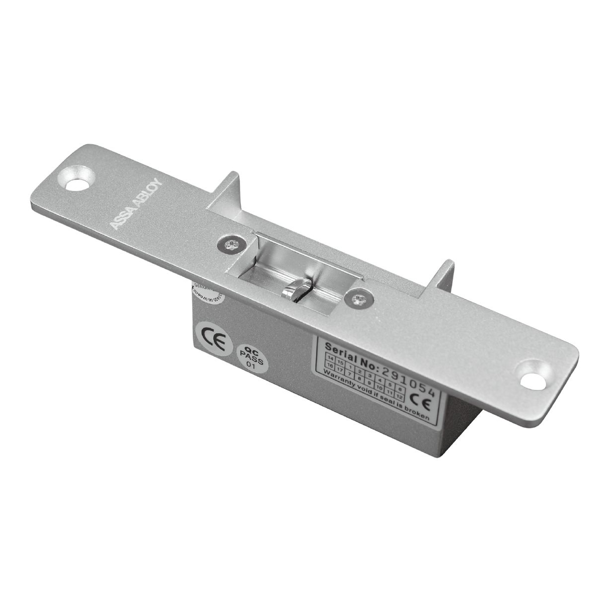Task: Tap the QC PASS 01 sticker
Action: point(254,359)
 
